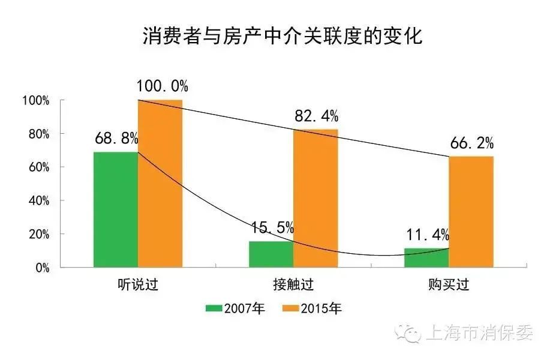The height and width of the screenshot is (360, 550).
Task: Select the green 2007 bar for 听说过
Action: click(116, 209)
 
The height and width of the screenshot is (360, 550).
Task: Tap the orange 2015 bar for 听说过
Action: click(160, 183)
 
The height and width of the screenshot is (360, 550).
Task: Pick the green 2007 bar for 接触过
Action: click(271, 254)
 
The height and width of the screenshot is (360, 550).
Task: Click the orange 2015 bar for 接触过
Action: click(315, 198)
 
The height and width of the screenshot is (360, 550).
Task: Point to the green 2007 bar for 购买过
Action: click(426, 257)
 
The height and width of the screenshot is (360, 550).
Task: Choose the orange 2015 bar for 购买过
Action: click(471, 212)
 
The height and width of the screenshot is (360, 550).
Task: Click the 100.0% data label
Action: click(160, 86)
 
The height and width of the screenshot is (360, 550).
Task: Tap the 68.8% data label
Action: click(116, 139)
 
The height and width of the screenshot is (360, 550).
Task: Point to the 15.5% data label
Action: click(272, 228)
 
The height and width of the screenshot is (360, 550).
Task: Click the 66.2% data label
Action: click(471, 143)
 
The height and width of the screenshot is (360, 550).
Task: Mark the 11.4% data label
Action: click(427, 235)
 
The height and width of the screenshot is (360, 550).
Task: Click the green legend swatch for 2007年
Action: click(214, 309)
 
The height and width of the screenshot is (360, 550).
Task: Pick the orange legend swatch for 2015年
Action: click(291, 309)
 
